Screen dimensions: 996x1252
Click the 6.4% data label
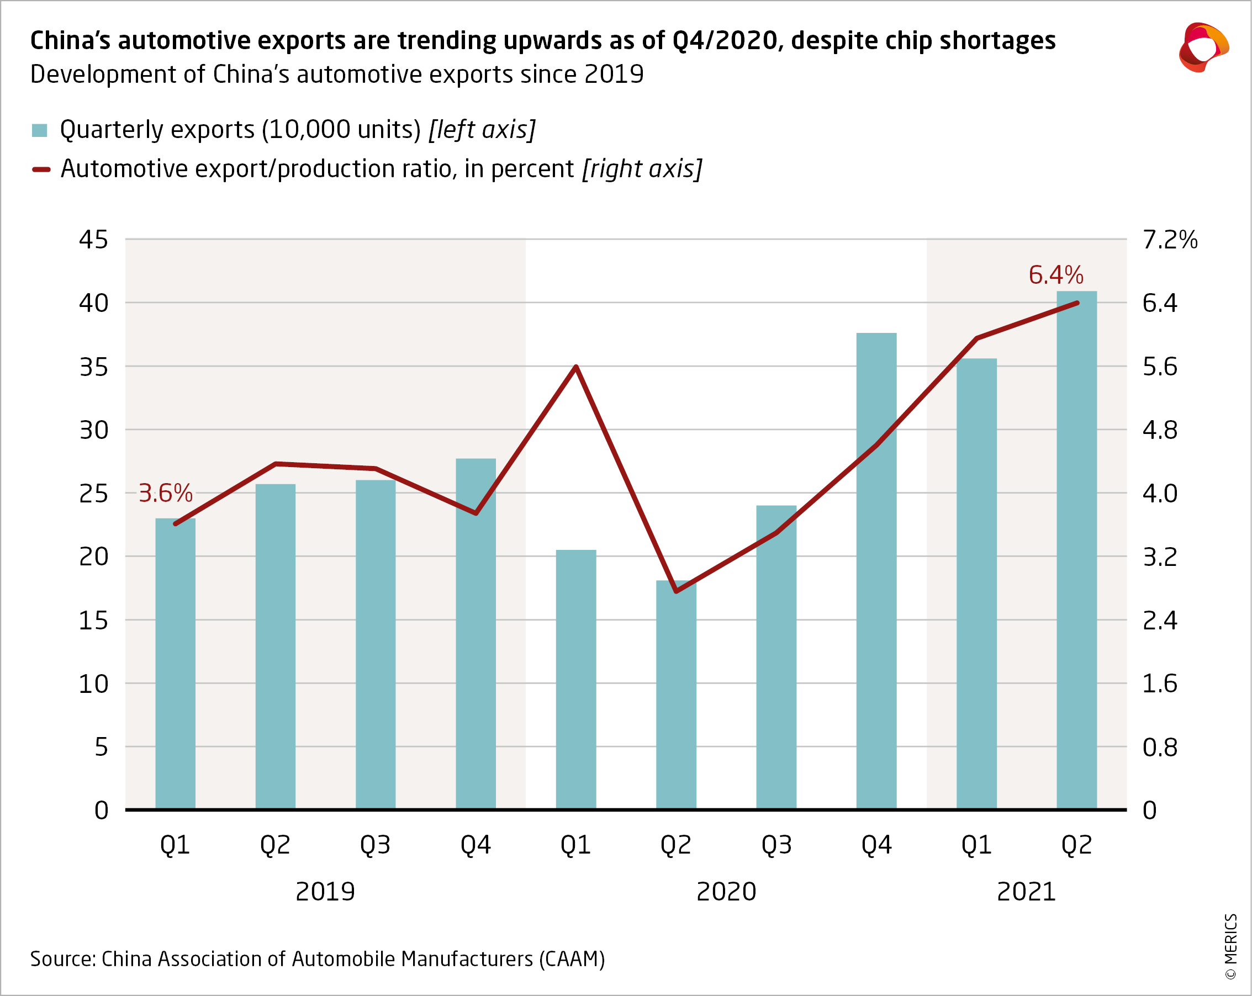(x=1055, y=274)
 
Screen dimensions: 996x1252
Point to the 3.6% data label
(x=165, y=494)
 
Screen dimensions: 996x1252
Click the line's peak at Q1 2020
(x=575, y=367)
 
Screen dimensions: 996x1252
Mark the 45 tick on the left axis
(x=93, y=240)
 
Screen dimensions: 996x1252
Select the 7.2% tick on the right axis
(x=1170, y=240)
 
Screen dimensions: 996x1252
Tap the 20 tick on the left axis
(x=93, y=557)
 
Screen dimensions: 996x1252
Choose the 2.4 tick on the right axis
(x=1160, y=621)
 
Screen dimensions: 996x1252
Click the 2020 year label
(x=726, y=891)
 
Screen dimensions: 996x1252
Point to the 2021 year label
(x=1026, y=891)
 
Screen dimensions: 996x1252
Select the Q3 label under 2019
(x=375, y=845)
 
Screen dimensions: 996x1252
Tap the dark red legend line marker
(x=41, y=169)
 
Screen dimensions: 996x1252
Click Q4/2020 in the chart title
(x=725, y=41)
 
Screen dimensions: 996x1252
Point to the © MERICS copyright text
(x=1230, y=946)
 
